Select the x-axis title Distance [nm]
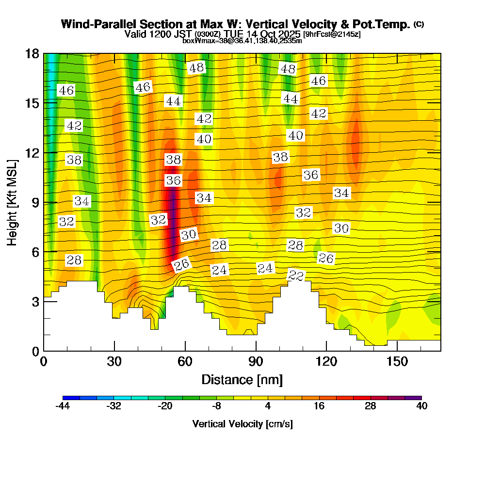pyautogui.click(x=242, y=379)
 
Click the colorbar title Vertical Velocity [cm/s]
pyautogui.click(x=242, y=424)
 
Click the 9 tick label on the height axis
pyautogui.click(x=35, y=202)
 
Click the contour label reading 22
pyautogui.click(x=296, y=275)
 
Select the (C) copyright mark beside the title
pyautogui.click(x=419, y=24)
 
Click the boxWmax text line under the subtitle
pyautogui.click(x=242, y=41)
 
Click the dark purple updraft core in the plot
pyautogui.click(x=172, y=213)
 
